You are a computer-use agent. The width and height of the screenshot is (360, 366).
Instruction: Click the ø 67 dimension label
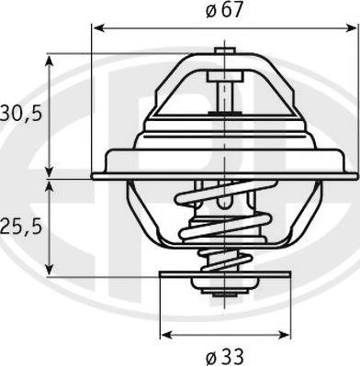tap(225, 12)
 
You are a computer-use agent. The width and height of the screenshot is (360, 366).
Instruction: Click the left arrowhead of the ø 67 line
tap(97, 28)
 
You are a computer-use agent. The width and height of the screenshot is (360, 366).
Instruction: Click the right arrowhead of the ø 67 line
tap(353, 28)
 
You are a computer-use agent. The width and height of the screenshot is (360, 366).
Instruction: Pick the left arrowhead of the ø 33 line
tap(166, 331)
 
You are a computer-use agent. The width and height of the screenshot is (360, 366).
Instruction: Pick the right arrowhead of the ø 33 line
tap(286, 331)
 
